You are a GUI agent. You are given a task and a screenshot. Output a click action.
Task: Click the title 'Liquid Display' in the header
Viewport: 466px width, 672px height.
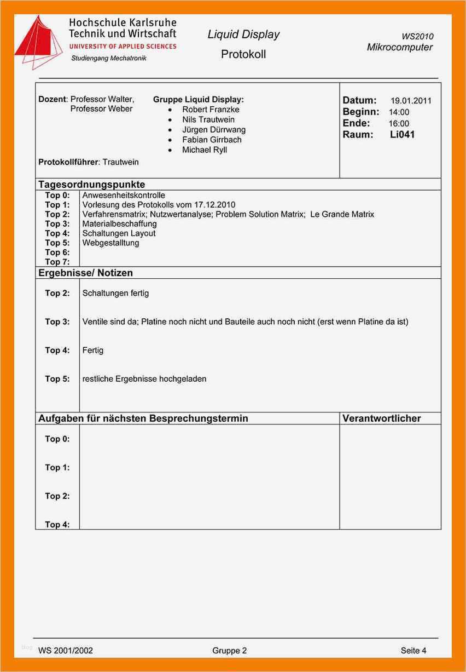(243, 35)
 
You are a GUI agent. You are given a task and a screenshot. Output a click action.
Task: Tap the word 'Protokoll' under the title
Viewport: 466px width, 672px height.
(243, 54)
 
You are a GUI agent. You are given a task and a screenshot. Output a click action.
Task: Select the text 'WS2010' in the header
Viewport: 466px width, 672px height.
(417, 36)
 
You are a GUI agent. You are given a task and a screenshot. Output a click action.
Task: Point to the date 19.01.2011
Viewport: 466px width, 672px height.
(411, 101)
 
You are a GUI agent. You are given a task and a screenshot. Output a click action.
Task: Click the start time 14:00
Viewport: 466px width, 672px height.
(399, 112)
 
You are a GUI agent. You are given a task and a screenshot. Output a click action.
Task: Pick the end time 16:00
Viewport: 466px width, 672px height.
(399, 124)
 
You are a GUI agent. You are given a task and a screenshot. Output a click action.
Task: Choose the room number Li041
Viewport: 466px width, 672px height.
(402, 135)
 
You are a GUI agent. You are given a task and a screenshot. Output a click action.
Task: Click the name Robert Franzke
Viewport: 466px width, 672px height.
(211, 110)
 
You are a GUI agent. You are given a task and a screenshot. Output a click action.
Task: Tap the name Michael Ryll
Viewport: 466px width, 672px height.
(205, 150)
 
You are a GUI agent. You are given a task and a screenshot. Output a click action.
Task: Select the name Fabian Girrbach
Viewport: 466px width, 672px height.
(212, 140)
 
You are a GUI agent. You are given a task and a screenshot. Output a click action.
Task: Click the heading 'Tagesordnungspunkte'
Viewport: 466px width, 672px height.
(91, 185)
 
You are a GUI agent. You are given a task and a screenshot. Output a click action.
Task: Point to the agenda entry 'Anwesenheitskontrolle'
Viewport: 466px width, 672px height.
(124, 196)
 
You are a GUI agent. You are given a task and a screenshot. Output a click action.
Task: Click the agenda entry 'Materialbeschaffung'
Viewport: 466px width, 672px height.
(119, 224)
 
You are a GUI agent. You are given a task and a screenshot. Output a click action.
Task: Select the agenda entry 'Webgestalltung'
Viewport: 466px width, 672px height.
(110, 243)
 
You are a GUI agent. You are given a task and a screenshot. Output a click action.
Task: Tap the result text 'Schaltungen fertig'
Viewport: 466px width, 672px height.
(115, 294)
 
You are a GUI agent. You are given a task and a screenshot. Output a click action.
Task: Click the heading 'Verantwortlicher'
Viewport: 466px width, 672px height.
(381, 418)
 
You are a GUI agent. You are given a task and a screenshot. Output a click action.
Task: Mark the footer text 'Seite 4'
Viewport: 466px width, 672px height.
(413, 651)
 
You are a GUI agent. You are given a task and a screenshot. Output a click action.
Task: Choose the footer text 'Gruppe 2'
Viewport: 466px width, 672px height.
(230, 651)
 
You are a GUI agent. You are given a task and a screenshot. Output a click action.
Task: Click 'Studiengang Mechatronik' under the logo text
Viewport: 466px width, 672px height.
(109, 58)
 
